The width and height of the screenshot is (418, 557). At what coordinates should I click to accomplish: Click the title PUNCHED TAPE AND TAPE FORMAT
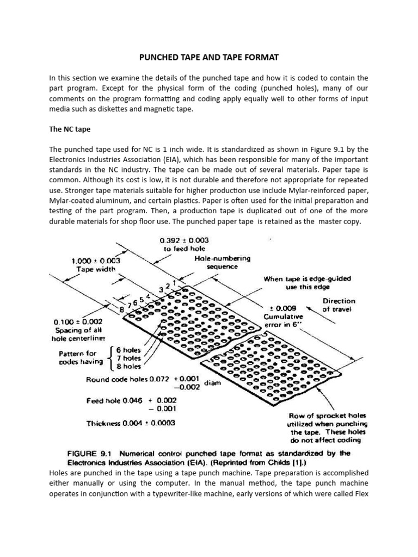(x=209, y=57)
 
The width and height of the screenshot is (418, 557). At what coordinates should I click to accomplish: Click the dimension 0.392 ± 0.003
(x=185, y=240)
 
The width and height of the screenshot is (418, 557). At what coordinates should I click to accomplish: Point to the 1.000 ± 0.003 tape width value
(x=96, y=261)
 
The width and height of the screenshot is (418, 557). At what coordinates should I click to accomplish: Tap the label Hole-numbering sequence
(x=222, y=263)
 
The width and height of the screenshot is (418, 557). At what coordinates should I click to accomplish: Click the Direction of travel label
(x=339, y=305)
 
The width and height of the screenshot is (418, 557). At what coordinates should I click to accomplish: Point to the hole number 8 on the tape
(x=122, y=310)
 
